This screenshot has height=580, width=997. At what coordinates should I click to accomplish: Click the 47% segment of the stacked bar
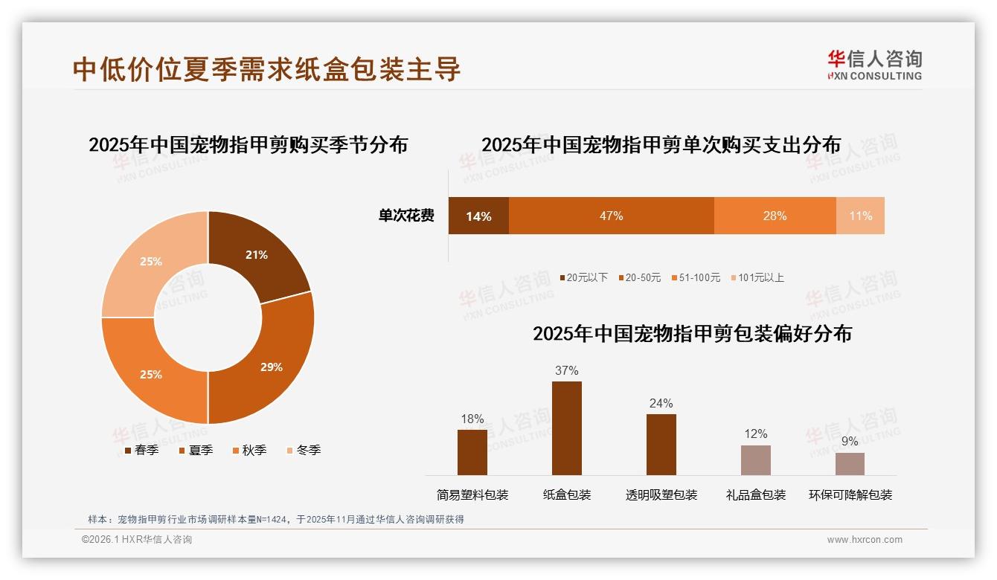coord(611,216)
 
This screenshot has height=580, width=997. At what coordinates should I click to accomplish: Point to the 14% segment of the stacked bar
coord(478,216)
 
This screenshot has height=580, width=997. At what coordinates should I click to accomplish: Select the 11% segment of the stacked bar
coord(860,216)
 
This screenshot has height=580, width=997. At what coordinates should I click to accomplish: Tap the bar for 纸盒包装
coord(567,428)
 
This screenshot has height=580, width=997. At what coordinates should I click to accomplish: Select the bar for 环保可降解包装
coord(850,463)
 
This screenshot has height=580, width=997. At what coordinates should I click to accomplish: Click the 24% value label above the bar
coord(661,403)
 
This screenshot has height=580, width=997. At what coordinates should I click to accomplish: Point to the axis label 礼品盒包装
coord(756,494)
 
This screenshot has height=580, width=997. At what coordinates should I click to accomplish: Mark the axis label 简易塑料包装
coord(472,494)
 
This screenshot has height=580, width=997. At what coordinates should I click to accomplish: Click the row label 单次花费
coord(406,216)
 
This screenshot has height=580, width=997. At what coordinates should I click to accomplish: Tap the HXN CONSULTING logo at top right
coord(874,65)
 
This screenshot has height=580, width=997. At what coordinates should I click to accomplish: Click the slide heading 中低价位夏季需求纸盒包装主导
coord(267,69)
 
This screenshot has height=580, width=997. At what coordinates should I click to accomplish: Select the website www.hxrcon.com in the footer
coord(865,540)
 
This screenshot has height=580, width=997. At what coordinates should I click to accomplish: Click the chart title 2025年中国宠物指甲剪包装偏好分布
coord(692,333)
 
